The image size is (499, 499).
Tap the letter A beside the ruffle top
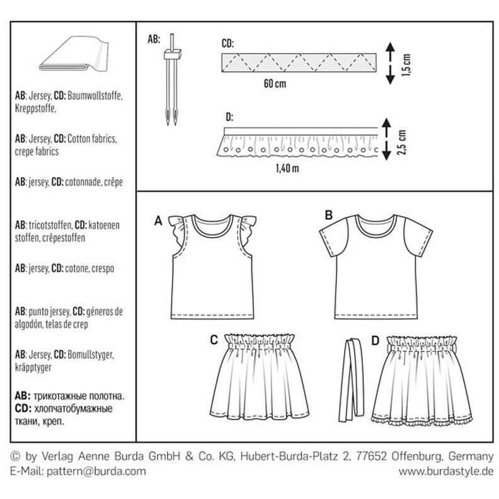click(158, 220)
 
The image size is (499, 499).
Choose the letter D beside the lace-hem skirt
click(376, 341)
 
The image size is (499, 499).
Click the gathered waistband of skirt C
click(263, 343)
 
